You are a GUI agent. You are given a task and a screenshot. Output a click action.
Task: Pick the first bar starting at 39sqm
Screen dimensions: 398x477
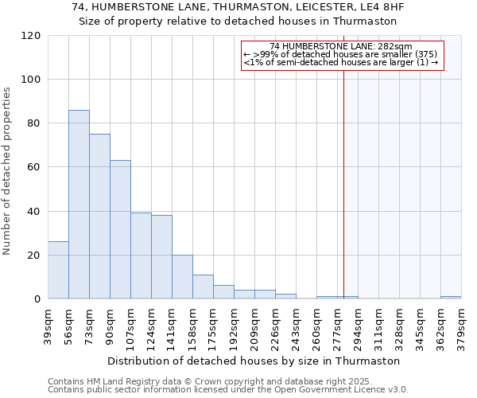tap(58, 270)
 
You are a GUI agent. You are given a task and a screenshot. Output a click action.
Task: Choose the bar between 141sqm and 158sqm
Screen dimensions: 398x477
tap(182, 277)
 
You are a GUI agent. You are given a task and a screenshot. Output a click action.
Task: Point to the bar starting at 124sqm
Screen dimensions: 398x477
tap(161, 257)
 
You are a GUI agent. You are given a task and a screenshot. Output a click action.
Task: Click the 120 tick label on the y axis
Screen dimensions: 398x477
tap(31, 36)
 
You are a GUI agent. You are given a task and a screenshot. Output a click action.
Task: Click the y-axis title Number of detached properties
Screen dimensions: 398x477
tap(8, 172)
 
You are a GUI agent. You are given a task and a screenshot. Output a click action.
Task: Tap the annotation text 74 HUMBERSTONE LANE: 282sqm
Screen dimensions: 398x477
tap(341, 47)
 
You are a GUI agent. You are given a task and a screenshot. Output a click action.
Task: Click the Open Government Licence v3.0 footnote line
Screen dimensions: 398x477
tap(228, 390)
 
